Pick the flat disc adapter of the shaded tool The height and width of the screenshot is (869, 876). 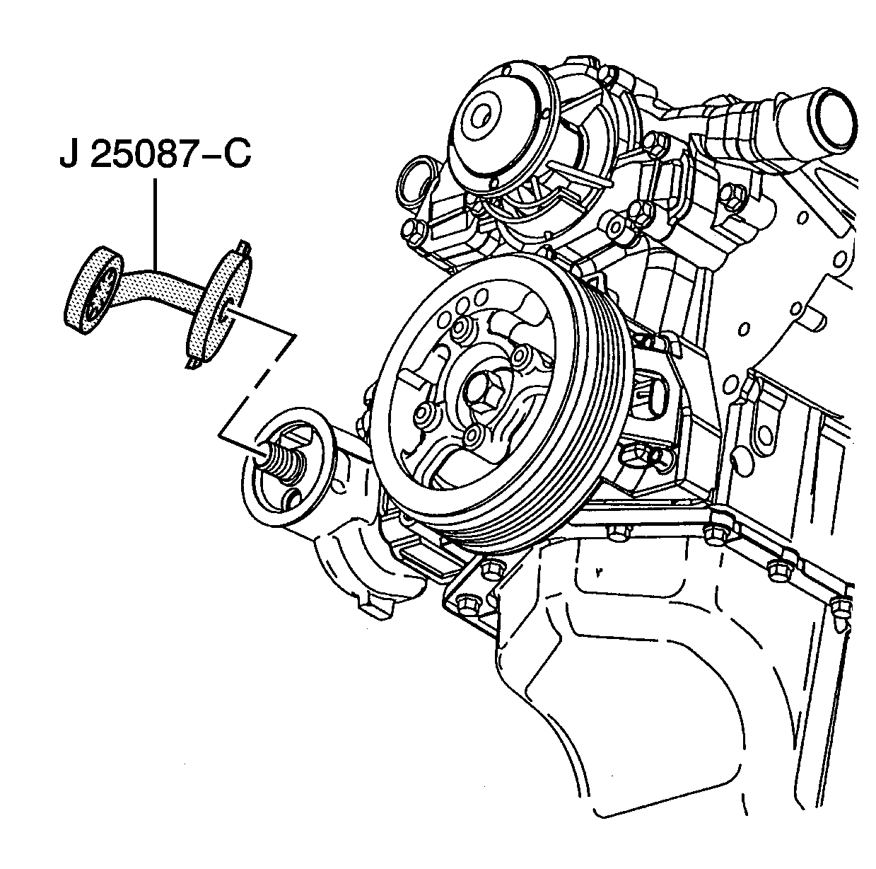[x=220, y=305]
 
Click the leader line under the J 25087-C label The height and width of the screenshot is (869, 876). [x=156, y=223]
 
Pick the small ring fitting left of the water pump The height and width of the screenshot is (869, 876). [x=415, y=180]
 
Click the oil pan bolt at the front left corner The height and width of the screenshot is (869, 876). [x=467, y=603]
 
